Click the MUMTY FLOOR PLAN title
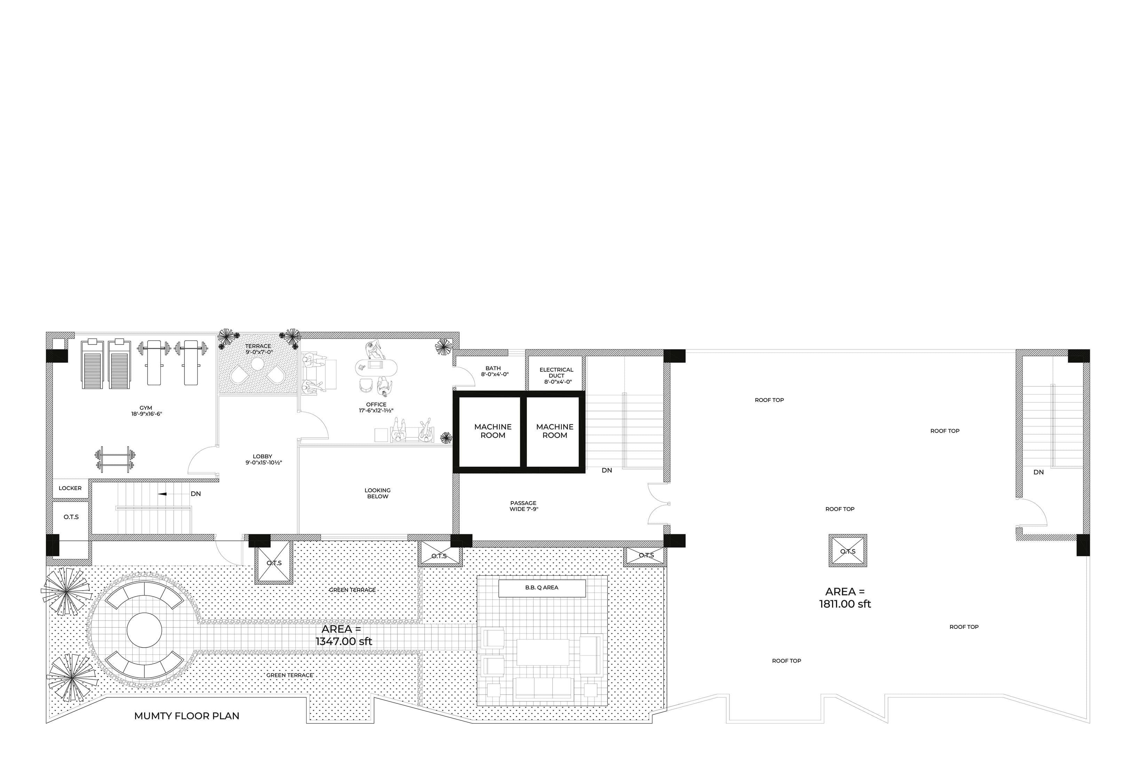[187, 716]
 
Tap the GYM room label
[146, 411]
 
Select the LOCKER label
[70, 488]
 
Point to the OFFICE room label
[376, 407]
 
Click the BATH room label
[494, 371]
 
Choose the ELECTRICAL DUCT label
[557, 375]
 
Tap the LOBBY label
[263, 459]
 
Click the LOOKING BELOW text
[378, 493]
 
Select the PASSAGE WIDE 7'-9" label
[524, 506]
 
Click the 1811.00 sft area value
[845, 604]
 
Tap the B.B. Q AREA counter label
[542, 587]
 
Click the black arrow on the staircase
[163, 493]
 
